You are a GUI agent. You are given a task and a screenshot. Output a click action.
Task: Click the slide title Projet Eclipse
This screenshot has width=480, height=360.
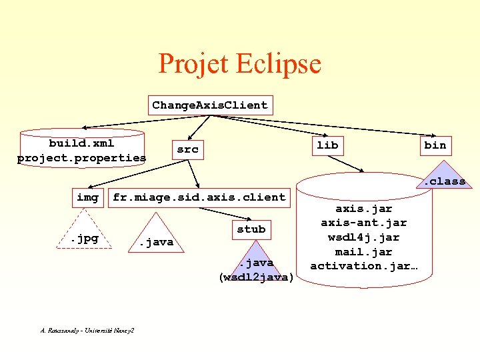coord(239,64)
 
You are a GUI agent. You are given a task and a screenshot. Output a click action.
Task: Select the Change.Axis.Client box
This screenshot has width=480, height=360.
coord(210,105)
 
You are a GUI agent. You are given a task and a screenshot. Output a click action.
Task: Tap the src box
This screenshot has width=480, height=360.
coord(187,149)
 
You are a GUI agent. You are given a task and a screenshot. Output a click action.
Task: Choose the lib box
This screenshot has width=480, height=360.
coord(327,145)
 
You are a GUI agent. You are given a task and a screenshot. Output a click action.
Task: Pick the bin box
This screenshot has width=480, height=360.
coord(435,145)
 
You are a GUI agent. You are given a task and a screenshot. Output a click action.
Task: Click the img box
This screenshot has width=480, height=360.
coord(87,197)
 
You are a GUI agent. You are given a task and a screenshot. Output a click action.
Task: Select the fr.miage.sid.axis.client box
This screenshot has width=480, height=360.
coord(199,197)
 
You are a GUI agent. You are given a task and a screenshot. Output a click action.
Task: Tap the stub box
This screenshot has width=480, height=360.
coord(251,229)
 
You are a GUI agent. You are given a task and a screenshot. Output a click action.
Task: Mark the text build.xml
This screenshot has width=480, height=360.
coord(81,143)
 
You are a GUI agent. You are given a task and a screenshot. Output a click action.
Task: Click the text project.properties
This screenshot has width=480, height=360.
coord(81,158)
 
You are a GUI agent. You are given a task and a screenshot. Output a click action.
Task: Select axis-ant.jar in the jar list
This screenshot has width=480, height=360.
coord(363,223)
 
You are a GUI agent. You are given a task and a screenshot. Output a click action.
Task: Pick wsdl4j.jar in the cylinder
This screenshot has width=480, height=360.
coord(363,237)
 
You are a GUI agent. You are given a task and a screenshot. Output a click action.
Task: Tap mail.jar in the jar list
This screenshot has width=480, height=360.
coord(363,252)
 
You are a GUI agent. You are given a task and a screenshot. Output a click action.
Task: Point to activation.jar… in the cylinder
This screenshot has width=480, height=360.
coord(364,266)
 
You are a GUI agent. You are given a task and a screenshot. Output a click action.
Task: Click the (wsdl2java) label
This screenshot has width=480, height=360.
coord(256,277)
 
